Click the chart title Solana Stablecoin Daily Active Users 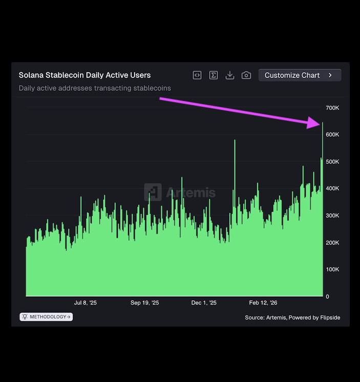(84, 75)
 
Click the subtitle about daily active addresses (95, 88)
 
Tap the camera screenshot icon (246, 75)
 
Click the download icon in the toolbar (230, 75)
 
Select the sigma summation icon (214, 75)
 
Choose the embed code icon (197, 75)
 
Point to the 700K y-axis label (332, 108)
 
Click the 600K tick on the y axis (332, 134)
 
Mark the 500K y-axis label (332, 162)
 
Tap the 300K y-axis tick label (332, 215)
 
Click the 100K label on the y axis (332, 269)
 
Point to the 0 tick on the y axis (328, 296)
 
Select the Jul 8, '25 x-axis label (85, 303)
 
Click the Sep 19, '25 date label (144, 303)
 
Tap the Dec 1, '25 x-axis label (204, 303)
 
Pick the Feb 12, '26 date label (263, 303)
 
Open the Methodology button (46, 317)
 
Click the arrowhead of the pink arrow (315, 123)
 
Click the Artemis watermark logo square (153, 192)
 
